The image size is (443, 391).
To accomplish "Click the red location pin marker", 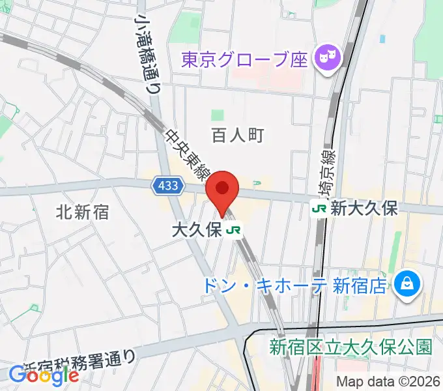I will (x=222, y=190).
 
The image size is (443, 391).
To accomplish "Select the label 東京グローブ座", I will (x=244, y=61).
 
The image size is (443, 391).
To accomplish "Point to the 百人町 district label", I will (x=237, y=135).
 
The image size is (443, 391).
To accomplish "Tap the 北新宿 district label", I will (x=82, y=211).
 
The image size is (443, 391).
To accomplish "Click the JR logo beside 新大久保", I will (x=319, y=209).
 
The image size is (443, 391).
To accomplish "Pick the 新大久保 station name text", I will (x=364, y=209).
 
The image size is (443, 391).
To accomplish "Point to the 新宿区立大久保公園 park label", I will (x=350, y=346).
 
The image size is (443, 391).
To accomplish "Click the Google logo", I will (x=44, y=375).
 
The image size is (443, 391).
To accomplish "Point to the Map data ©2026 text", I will (x=388, y=381).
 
